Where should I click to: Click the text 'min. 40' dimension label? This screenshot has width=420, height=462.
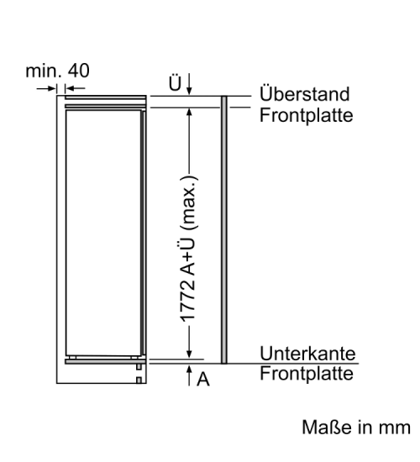57,71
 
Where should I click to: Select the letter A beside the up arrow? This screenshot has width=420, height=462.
203,379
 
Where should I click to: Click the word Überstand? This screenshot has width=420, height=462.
305,93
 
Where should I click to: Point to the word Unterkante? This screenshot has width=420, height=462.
307,353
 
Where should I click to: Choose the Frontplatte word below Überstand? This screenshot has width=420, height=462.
307,115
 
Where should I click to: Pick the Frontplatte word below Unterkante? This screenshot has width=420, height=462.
307,374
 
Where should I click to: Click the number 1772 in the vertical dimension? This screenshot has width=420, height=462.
188,301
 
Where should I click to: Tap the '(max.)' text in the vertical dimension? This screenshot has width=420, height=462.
189,202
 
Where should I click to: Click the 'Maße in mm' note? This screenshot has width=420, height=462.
356,428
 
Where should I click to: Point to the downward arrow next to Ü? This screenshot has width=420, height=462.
189,84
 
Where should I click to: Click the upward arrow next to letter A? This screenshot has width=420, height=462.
189,375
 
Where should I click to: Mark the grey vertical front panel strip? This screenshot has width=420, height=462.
224,230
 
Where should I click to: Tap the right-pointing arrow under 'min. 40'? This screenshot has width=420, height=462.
46,88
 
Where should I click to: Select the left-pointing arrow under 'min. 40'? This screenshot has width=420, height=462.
75,88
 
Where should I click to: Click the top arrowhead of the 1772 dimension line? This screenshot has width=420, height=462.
189,112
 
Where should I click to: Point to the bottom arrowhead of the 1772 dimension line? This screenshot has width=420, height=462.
189,354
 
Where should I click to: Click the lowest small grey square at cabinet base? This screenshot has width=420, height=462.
139,381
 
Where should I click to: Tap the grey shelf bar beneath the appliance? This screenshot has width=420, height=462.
106,361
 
